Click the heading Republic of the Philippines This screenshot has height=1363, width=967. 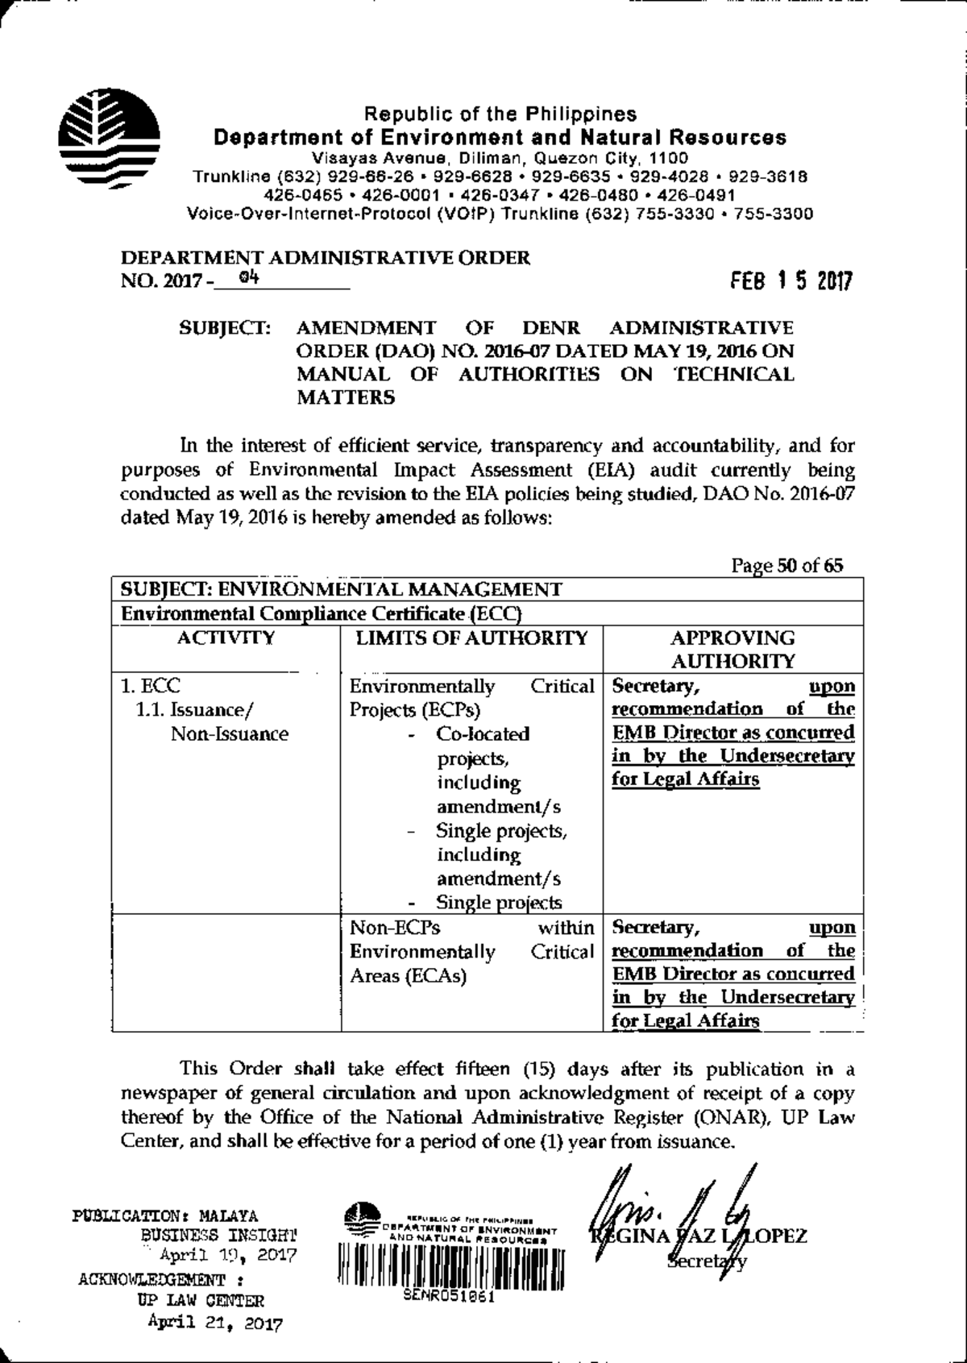[x=500, y=114]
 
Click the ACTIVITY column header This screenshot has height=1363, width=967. [x=226, y=638]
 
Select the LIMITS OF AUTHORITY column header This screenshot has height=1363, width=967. [x=472, y=638]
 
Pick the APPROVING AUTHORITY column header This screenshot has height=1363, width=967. [x=733, y=650]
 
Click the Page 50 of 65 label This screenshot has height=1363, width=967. [x=786, y=566]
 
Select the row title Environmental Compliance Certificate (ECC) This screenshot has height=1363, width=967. [x=321, y=614]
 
